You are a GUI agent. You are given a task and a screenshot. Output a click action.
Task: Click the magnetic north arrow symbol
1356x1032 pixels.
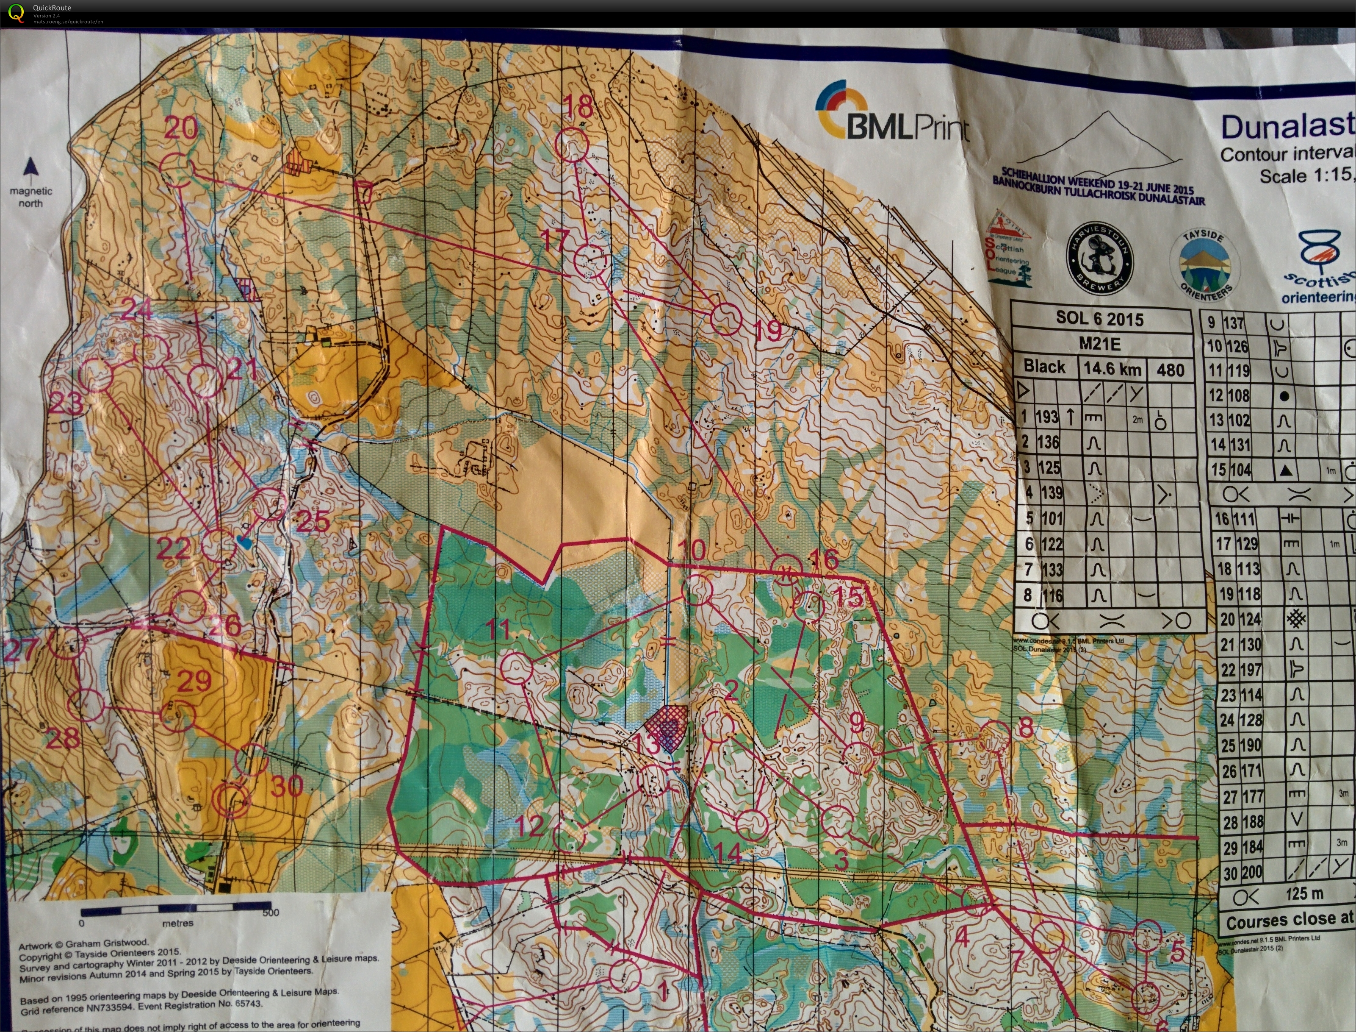pos(30,167)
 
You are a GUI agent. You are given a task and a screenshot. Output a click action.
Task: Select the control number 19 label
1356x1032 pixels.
pos(767,331)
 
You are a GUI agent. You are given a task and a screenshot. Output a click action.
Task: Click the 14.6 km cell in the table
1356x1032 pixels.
pos(1112,369)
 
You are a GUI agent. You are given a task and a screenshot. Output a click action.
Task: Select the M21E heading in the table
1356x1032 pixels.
pos(1099,344)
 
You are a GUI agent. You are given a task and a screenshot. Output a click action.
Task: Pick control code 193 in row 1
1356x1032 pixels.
pos(1046,417)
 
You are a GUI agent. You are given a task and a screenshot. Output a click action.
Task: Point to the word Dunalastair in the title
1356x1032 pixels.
pos(1286,128)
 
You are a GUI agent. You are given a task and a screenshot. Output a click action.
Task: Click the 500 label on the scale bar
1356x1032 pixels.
pos(270,913)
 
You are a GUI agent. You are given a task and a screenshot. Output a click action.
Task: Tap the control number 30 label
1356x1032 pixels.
pos(287,786)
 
